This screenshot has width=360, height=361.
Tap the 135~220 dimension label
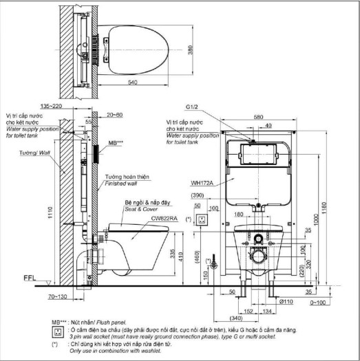point(70,107)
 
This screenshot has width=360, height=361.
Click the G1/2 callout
point(191,107)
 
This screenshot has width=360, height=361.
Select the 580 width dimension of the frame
point(257,117)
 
